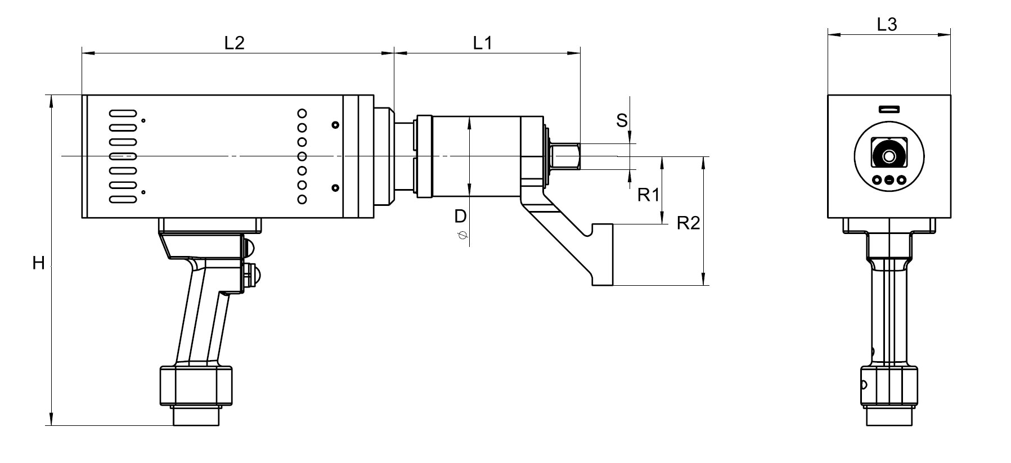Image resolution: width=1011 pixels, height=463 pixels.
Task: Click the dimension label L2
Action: click(234, 43)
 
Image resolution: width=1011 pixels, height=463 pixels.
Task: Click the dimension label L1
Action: click(482, 43)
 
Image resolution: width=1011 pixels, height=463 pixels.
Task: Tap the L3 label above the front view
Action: click(887, 24)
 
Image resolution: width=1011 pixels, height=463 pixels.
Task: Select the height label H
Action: click(38, 263)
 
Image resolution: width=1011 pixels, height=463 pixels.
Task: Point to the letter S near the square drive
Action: click(622, 120)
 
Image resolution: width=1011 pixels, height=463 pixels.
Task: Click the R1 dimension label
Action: click(648, 195)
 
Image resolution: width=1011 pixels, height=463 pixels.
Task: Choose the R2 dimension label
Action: click(688, 223)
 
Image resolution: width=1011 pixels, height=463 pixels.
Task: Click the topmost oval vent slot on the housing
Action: click(123, 113)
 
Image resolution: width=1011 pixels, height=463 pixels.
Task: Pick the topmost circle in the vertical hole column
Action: click(302, 113)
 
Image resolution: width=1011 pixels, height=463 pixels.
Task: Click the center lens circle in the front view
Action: click(889, 156)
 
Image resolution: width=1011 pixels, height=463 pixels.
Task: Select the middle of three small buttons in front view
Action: click(889, 181)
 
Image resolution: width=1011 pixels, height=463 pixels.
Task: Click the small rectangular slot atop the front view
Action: click(889, 109)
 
